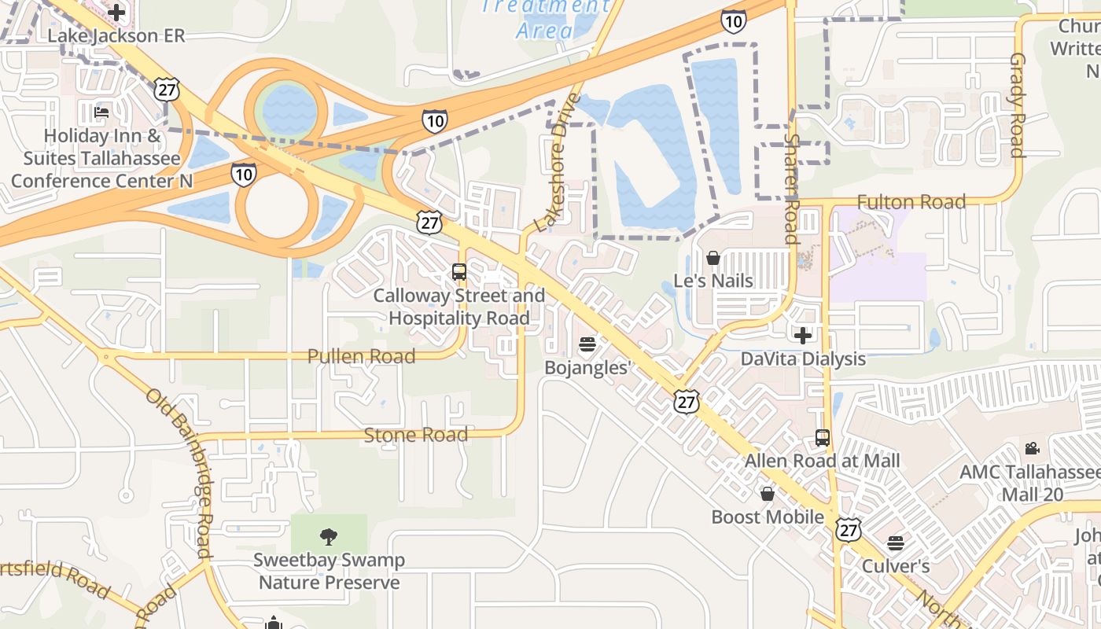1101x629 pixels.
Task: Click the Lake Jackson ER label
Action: [x=116, y=36]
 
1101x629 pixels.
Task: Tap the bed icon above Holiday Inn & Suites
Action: [x=101, y=112]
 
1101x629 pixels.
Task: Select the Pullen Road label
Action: [x=361, y=356]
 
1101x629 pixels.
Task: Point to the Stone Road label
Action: [x=415, y=435]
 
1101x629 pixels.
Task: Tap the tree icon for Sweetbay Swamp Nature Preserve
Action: [x=329, y=537]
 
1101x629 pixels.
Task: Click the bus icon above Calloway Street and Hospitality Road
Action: [x=459, y=272]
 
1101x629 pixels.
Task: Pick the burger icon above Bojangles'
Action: [x=587, y=344]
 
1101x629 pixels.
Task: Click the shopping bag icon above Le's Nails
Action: [x=713, y=258]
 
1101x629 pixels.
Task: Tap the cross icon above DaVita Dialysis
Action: [x=802, y=336]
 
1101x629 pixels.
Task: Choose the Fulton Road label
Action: [x=911, y=202]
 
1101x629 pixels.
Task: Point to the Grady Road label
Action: [x=1018, y=105]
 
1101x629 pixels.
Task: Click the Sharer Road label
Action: [x=791, y=188]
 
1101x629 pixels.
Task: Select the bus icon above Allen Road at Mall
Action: [x=823, y=438]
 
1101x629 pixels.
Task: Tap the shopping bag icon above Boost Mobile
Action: [x=768, y=494]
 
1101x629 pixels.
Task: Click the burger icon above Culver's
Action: [x=895, y=543]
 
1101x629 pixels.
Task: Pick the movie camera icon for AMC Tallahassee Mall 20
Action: [x=1032, y=449]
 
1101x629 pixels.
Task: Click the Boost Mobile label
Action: [x=768, y=517]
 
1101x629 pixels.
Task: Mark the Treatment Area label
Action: [x=545, y=19]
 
